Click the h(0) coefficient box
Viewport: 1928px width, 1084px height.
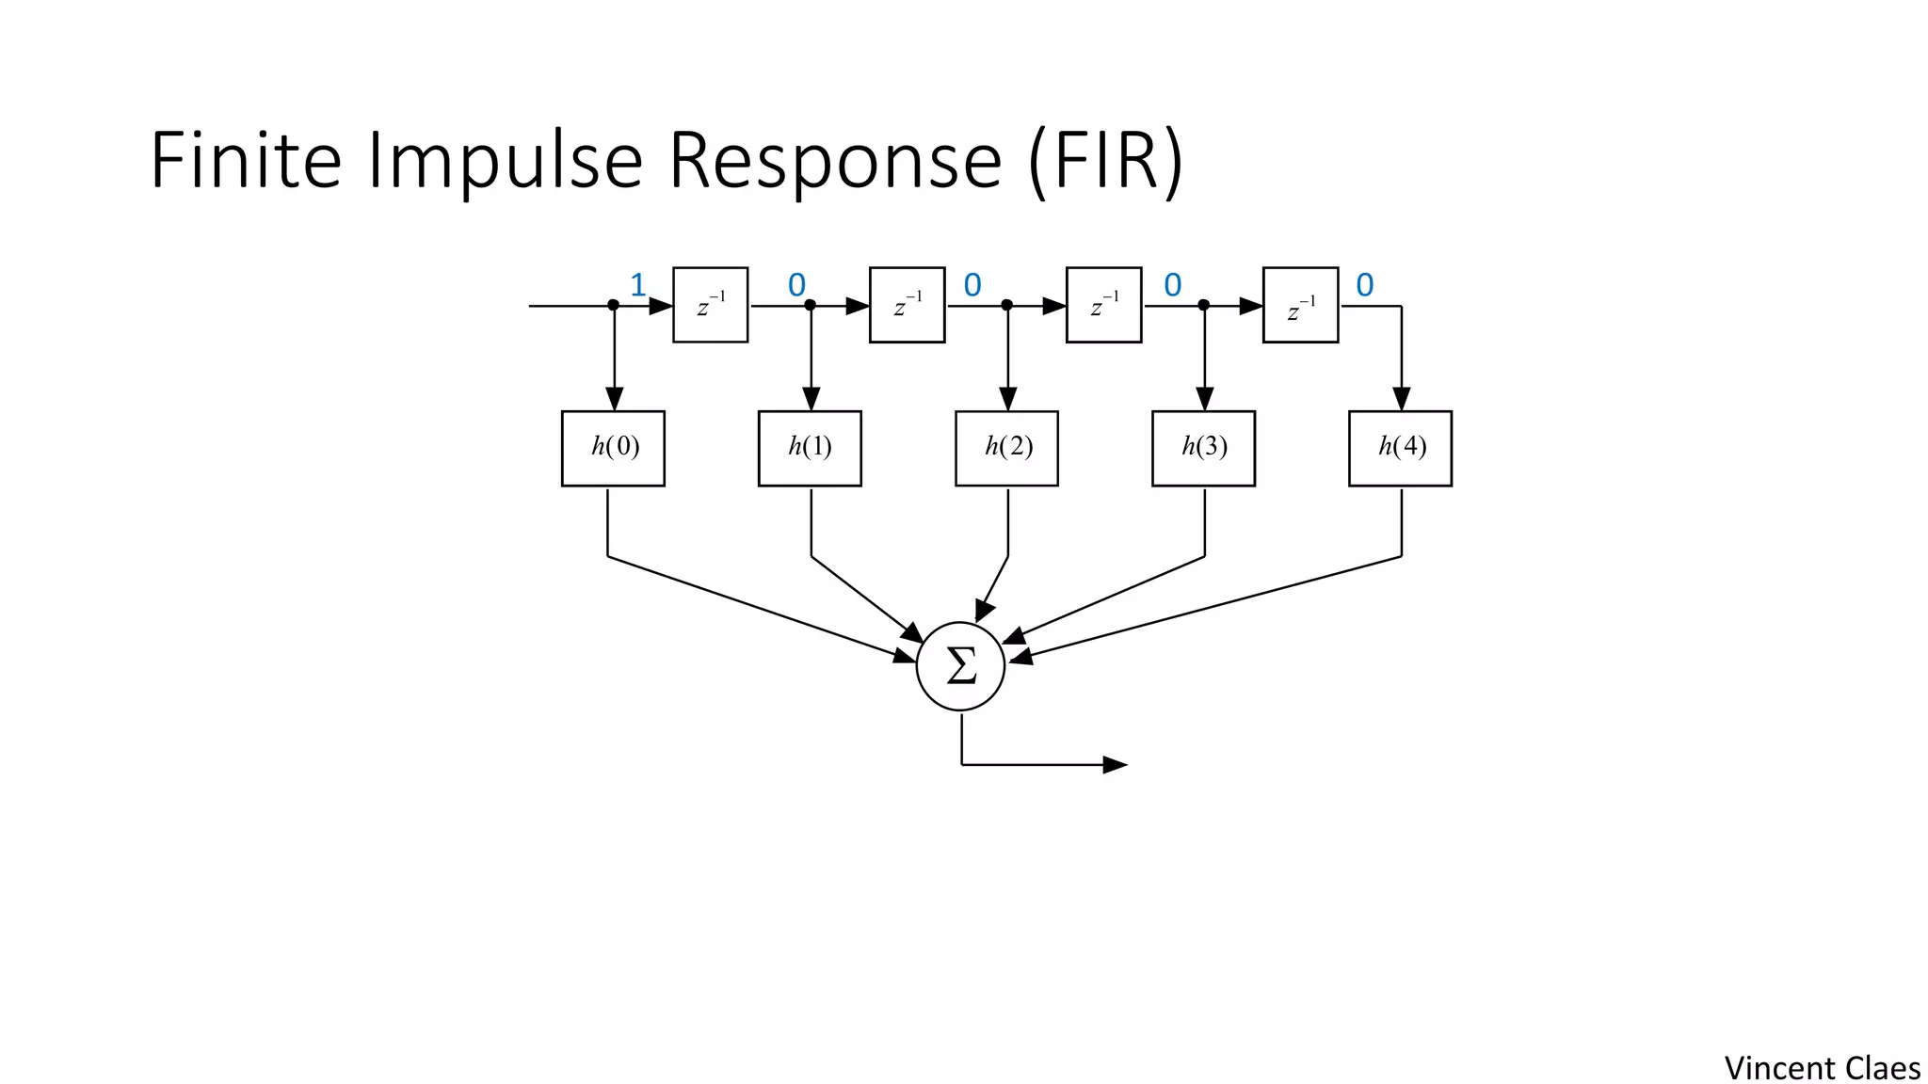tap(613, 448)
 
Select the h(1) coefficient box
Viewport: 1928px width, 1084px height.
tap(810, 448)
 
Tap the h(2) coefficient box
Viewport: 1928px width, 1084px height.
tap(1006, 448)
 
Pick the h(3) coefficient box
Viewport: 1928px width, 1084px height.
tap(1203, 448)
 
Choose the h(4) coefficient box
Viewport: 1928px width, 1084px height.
tap(1400, 448)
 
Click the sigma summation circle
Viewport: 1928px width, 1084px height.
tap(960, 666)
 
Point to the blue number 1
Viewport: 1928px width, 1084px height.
tap(638, 285)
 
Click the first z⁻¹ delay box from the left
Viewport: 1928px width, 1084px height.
tap(711, 305)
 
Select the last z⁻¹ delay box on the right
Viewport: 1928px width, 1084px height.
tap(1300, 305)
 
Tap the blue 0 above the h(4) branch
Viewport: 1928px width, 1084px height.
tap(1365, 285)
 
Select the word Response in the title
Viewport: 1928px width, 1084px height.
tap(835, 161)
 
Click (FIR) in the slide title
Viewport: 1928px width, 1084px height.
tap(1105, 161)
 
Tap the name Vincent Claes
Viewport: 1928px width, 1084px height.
tap(1822, 1069)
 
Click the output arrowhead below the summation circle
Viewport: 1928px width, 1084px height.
tap(1116, 765)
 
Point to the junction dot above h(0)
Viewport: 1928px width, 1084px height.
tap(613, 305)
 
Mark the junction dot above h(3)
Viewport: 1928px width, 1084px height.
tap(1203, 305)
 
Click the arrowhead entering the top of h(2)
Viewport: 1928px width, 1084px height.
tap(1008, 399)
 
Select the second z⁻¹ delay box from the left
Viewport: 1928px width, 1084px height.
tap(907, 305)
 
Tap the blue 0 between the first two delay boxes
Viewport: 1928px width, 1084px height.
tap(796, 285)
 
